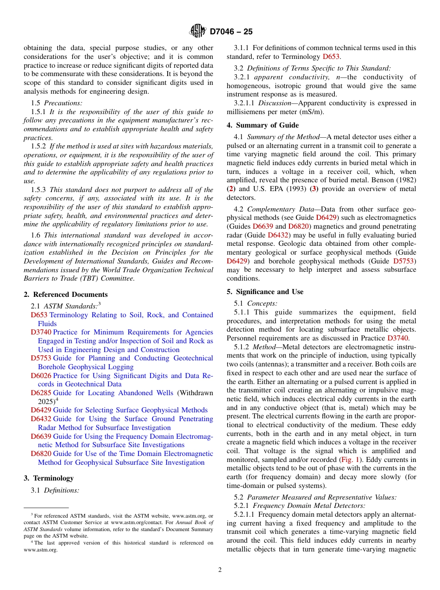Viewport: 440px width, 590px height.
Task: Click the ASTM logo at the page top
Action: click(x=198, y=32)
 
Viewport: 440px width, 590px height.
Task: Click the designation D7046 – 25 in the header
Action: click(x=231, y=32)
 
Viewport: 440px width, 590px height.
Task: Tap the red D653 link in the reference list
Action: click(x=39, y=315)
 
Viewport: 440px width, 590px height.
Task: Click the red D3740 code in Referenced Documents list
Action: click(x=41, y=332)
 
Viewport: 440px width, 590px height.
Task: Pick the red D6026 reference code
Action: click(x=41, y=376)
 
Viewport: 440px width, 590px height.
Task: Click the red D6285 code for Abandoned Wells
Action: click(x=41, y=393)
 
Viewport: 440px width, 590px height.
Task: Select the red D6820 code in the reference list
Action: click(x=41, y=454)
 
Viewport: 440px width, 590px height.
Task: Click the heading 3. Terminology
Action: click(x=49, y=478)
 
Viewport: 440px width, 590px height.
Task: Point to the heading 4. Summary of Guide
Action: click(x=263, y=125)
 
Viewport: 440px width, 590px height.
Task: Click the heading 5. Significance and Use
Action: click(x=265, y=292)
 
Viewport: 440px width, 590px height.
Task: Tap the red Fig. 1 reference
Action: click(x=351, y=460)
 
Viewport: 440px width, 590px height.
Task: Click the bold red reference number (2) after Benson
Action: click(x=231, y=189)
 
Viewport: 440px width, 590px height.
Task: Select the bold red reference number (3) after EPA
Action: click(x=314, y=189)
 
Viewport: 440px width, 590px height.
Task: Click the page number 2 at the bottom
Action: click(x=220, y=570)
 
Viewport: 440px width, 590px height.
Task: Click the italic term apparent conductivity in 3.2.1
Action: click(x=292, y=77)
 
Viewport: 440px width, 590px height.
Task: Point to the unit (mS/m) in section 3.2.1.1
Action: click(x=314, y=112)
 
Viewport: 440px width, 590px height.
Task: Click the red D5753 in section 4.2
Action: click(x=404, y=261)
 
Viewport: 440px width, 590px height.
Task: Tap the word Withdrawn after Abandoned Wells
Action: click(x=195, y=393)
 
